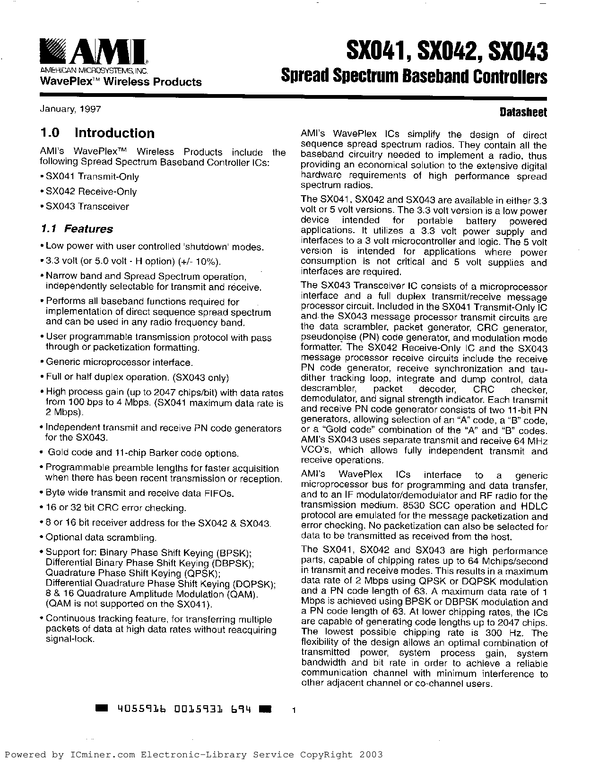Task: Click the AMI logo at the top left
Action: [x=93, y=52]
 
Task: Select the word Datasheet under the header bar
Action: [x=523, y=113]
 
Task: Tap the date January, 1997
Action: [x=70, y=109]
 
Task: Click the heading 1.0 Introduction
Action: [x=97, y=133]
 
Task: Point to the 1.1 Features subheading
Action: [x=77, y=229]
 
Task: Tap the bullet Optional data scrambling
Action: [x=101, y=537]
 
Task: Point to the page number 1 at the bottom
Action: [x=294, y=710]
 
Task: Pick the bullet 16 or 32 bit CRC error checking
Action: [x=115, y=508]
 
